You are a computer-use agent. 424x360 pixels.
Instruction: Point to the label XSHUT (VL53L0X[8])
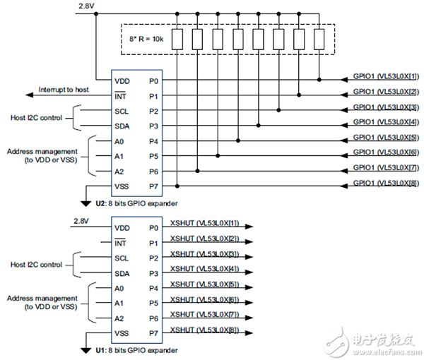click(205, 330)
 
